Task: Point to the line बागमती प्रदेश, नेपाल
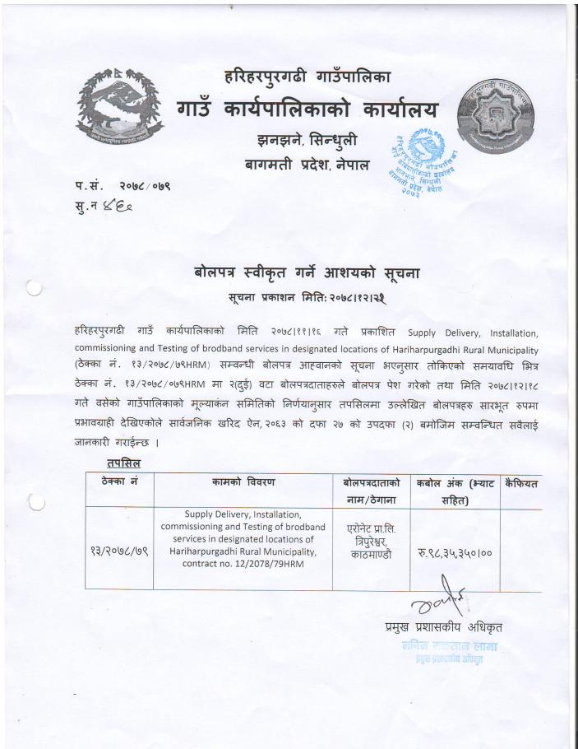pyautogui.click(x=307, y=165)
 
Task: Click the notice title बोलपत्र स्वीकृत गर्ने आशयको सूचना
pyautogui.click(x=307, y=272)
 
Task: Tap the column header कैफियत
pyautogui.click(x=520, y=483)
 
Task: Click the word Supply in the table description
pyautogui.click(x=201, y=515)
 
